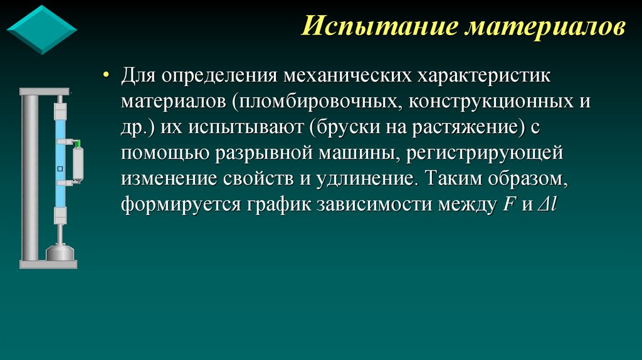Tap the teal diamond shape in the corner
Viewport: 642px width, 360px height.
pyautogui.click(x=41, y=29)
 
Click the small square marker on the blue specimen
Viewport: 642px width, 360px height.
pyautogui.click(x=60, y=168)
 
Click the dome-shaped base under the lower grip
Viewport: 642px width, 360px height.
pyautogui.click(x=60, y=253)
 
